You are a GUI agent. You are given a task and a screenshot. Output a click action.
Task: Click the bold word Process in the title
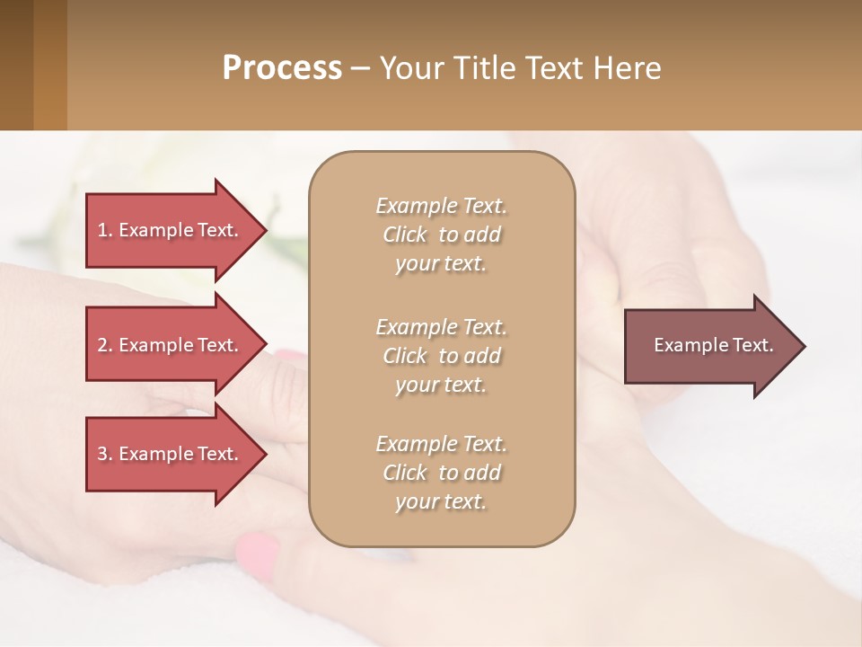pyautogui.click(x=282, y=68)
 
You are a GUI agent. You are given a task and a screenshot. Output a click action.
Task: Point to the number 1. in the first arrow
pyautogui.click(x=105, y=230)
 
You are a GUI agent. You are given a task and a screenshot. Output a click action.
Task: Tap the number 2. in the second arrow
pyautogui.click(x=105, y=345)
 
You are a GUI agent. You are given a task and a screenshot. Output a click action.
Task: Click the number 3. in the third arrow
pyautogui.click(x=105, y=454)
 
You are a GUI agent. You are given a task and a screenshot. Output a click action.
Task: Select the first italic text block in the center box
pyautogui.click(x=441, y=235)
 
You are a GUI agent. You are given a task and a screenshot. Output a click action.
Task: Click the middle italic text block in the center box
pyautogui.click(x=441, y=356)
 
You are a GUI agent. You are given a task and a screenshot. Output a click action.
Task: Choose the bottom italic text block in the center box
pyautogui.click(x=441, y=473)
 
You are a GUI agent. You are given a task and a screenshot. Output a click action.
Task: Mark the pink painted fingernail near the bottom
pyautogui.click(x=257, y=554)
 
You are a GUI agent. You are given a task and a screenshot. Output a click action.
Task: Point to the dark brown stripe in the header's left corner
pyautogui.click(x=16, y=65)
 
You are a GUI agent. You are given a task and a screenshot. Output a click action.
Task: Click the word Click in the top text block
pyautogui.click(x=405, y=235)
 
